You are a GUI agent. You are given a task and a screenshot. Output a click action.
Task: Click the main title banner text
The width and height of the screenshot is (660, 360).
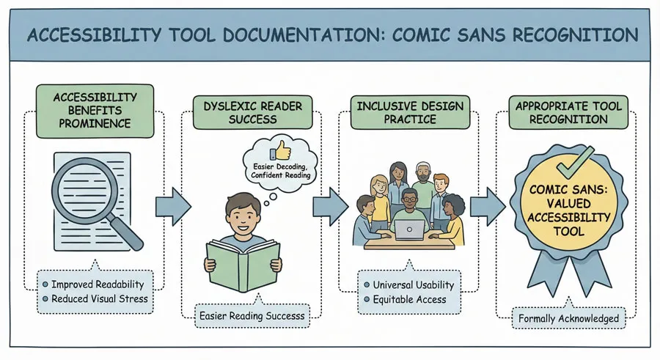point(330,36)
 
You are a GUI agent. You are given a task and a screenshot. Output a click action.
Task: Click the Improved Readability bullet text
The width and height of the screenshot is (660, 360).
point(98,284)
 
